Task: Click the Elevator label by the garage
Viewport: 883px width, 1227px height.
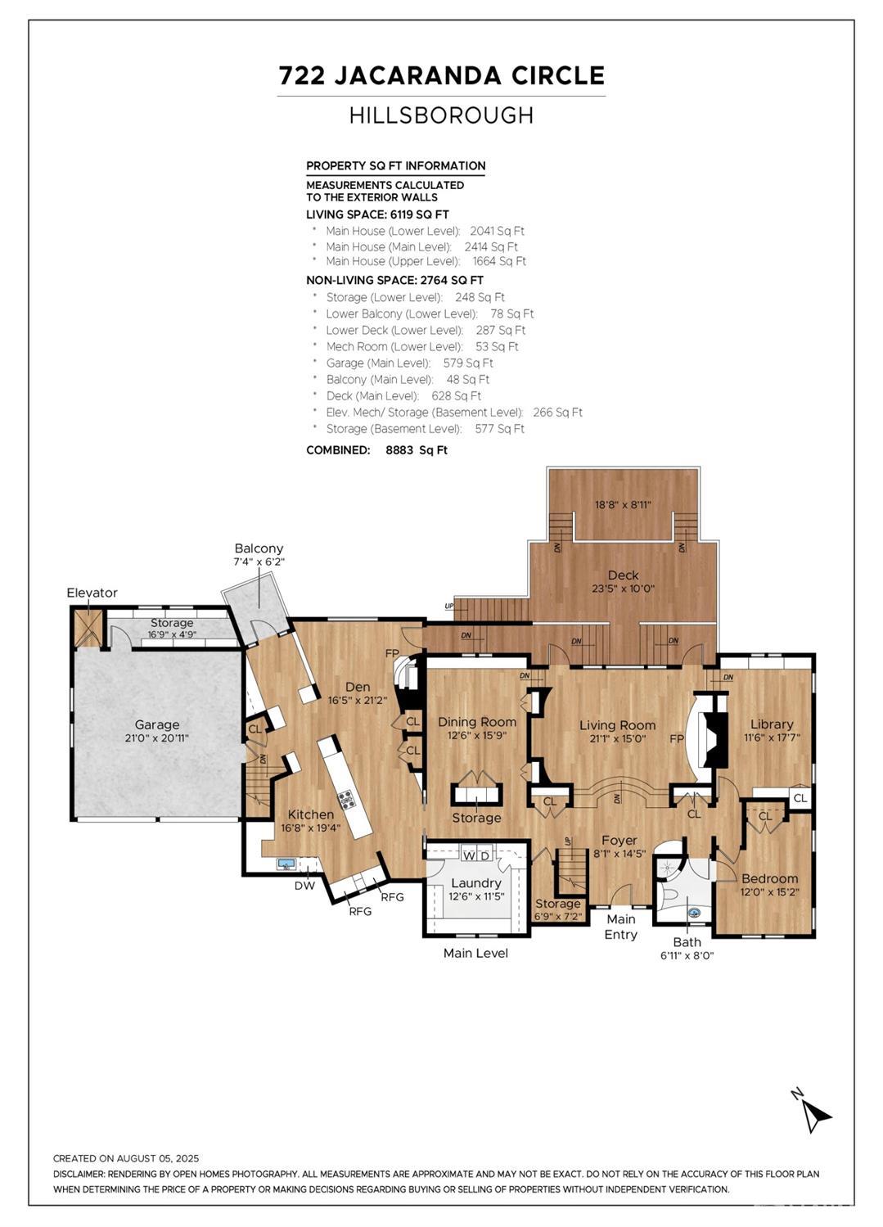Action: point(92,593)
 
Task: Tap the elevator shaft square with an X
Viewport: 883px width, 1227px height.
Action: point(86,628)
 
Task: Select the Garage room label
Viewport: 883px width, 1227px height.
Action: point(156,724)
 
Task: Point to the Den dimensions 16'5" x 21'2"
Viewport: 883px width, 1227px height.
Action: point(358,701)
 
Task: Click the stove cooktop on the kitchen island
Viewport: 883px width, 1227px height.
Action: point(347,800)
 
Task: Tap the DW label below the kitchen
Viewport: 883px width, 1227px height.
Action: point(304,886)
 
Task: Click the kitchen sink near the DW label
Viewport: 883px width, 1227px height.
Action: point(286,864)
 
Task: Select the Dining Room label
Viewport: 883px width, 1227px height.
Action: point(477,722)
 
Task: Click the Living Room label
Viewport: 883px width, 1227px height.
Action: point(617,725)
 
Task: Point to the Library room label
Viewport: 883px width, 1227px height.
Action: point(772,724)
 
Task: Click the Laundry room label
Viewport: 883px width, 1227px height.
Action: point(475,883)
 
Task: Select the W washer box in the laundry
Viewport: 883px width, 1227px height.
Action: point(469,855)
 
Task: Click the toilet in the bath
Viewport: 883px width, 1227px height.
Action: point(669,894)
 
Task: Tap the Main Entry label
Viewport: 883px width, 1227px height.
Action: point(620,927)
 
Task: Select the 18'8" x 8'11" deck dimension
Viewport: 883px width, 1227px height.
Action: point(623,505)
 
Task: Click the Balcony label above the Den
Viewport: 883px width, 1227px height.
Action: point(259,548)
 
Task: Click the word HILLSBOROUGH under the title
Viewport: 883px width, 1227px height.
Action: point(441,115)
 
